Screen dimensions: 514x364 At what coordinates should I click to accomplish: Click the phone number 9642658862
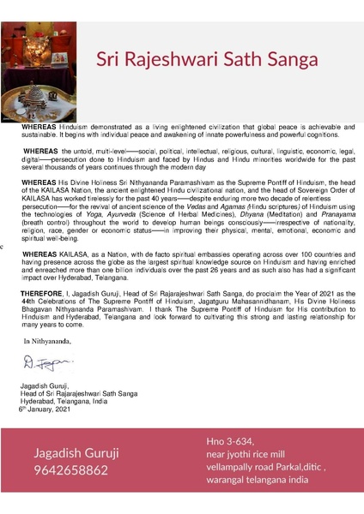(70, 470)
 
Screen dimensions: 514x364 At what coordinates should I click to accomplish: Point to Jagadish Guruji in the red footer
(76, 452)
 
